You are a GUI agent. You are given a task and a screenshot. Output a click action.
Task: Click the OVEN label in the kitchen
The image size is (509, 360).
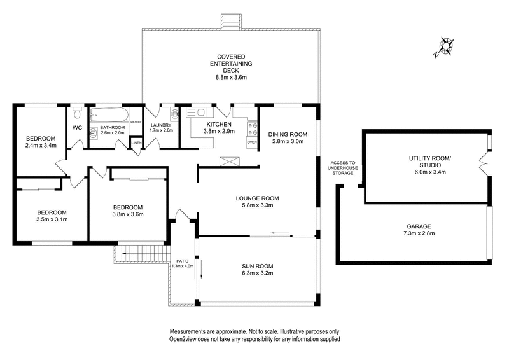(x=252, y=142)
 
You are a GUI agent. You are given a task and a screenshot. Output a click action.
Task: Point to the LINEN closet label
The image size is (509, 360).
(x=136, y=143)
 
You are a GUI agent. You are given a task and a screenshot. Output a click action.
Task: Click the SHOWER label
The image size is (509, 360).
(x=136, y=122)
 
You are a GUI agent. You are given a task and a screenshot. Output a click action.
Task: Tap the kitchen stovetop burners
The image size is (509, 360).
(x=253, y=129)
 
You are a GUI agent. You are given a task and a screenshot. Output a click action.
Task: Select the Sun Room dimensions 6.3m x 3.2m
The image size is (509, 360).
(x=258, y=273)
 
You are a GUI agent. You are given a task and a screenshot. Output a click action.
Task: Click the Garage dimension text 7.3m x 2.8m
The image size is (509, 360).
(x=419, y=233)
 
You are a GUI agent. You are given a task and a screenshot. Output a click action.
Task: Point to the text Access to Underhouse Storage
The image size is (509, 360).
(x=342, y=168)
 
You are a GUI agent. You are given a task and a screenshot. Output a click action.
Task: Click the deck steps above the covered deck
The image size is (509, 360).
(x=231, y=22)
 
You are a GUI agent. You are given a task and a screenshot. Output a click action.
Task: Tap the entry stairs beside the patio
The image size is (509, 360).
(x=143, y=254)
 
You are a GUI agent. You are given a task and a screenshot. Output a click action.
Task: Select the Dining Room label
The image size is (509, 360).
(x=288, y=134)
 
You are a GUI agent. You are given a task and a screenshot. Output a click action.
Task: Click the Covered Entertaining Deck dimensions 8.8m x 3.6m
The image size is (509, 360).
(x=231, y=78)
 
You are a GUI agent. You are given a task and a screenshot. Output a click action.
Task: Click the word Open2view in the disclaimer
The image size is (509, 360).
(x=181, y=339)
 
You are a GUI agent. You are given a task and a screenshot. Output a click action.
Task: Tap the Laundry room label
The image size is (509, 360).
(x=161, y=125)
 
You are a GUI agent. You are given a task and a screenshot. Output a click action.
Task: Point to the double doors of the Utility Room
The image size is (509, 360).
(x=484, y=164)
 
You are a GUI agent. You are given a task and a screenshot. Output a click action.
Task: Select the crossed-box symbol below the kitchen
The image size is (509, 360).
(x=230, y=162)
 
